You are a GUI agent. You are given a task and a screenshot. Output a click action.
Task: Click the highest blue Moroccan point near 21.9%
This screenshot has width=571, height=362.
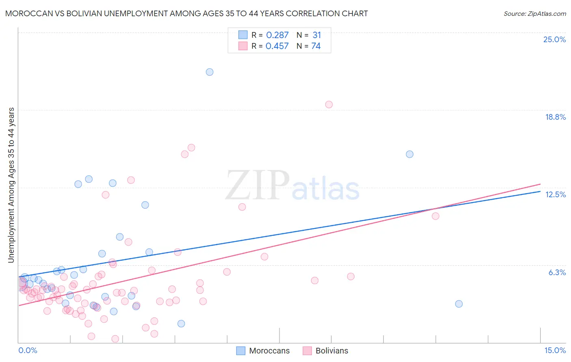point(210,72)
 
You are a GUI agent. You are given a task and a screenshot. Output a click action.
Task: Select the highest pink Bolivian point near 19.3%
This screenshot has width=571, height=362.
point(329,105)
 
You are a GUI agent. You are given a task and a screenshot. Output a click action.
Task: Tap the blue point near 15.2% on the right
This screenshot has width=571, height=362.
point(410,154)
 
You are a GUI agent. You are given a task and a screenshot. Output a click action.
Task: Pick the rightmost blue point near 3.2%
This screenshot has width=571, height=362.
point(459,304)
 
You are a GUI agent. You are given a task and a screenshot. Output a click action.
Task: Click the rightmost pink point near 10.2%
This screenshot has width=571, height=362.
point(436,216)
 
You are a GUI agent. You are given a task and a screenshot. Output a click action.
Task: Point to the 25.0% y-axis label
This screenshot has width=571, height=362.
point(554,39)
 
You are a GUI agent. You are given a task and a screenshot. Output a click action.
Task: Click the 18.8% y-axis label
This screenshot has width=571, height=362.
point(555,117)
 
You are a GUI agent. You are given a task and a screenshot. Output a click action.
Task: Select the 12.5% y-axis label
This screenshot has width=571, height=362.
point(555,194)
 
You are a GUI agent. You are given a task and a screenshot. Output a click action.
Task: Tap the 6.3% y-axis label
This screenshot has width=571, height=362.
point(557,272)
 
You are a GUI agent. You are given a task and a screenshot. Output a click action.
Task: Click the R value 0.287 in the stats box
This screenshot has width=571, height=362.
point(277,35)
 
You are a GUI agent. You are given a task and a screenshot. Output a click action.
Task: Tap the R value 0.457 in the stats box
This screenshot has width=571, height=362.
point(277,46)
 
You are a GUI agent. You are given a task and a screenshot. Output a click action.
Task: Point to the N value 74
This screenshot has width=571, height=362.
point(316,46)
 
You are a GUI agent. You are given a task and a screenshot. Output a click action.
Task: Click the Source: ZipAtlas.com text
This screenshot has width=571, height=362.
point(534,14)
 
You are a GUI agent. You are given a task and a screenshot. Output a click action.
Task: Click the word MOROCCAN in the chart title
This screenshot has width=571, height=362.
point(25,14)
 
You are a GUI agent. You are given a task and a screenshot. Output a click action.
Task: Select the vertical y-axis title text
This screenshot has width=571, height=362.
point(11,185)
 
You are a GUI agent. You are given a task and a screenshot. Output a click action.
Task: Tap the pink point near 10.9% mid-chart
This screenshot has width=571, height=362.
point(242,207)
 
